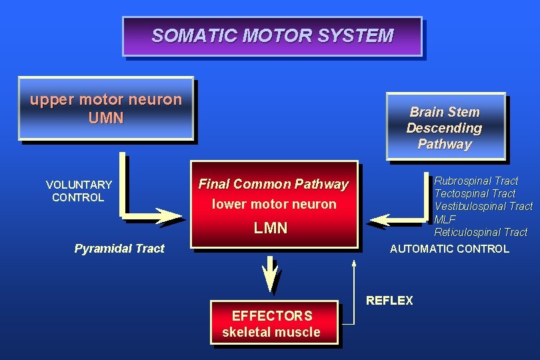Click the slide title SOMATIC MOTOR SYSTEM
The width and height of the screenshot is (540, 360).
pyautogui.click(x=272, y=35)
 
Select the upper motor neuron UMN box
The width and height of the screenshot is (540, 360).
pyautogui.click(x=105, y=109)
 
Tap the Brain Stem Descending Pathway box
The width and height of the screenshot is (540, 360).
pyautogui.click(x=445, y=127)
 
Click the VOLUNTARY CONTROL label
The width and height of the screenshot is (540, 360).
pyautogui.click(x=79, y=191)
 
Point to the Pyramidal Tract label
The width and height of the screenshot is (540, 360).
pyautogui.click(x=119, y=249)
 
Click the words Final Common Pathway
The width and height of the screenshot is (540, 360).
pyautogui.click(x=273, y=184)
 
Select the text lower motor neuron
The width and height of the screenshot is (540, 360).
pyautogui.click(x=274, y=204)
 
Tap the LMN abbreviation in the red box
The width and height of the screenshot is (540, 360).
pyautogui.click(x=271, y=228)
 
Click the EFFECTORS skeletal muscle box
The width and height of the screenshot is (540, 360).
pyautogui.click(x=271, y=323)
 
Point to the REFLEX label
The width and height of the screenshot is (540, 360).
pyautogui.click(x=389, y=301)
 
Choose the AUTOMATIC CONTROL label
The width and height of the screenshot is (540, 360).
pyautogui.click(x=449, y=249)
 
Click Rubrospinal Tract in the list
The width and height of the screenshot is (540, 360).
pyautogui.click(x=476, y=181)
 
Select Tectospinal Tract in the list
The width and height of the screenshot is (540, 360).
pyautogui.click(x=475, y=193)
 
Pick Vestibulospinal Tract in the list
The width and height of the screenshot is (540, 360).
pyautogui.click(x=483, y=207)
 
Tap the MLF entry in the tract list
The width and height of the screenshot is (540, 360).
pyautogui.click(x=445, y=219)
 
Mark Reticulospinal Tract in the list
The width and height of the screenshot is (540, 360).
pyautogui.click(x=481, y=232)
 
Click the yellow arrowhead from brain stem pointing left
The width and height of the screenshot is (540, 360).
pyautogui.click(x=381, y=219)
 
